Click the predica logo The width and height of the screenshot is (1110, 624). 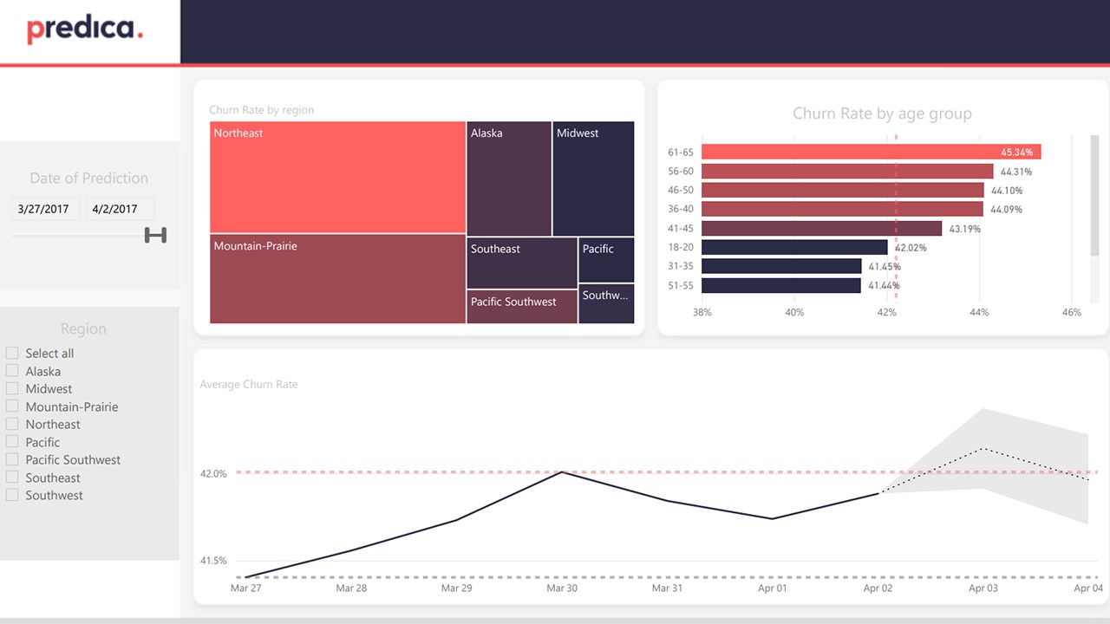tap(84, 30)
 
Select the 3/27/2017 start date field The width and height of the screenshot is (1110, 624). tap(45, 209)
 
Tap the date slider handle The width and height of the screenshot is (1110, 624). tap(155, 235)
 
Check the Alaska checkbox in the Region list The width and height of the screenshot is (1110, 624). tap(12, 371)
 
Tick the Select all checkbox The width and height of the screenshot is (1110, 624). tap(12, 354)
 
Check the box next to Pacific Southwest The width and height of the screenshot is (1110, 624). tap(12, 460)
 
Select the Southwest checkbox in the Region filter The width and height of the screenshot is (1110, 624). tap(12, 496)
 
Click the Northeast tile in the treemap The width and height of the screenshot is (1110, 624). tap(337, 178)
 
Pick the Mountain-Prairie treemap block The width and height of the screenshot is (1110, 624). tap(337, 279)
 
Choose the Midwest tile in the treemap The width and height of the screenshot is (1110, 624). tap(593, 179)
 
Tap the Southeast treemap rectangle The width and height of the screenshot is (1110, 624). tap(522, 263)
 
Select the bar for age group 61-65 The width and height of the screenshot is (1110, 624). tap(871, 153)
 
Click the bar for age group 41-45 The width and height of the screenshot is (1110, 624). tap(821, 229)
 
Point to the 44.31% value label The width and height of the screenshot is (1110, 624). tap(1016, 172)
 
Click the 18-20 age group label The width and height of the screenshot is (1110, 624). tap(681, 248)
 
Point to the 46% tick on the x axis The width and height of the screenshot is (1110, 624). tap(1071, 313)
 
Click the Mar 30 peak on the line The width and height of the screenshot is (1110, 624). tap(563, 472)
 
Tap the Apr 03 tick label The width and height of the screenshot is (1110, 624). tap(983, 588)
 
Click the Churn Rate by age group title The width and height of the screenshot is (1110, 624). tap(882, 114)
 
